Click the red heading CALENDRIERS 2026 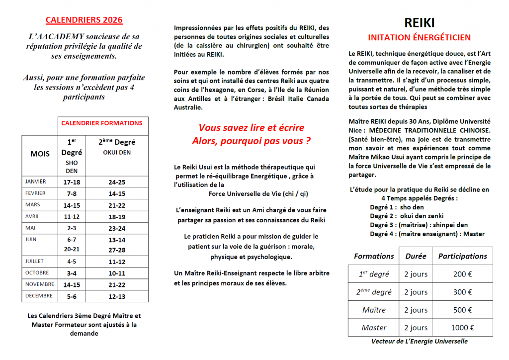84,20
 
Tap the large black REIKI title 419,23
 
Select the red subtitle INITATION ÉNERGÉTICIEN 419,37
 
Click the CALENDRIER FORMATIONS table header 101,123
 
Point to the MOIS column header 40,154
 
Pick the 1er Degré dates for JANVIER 72,182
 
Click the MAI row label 30,228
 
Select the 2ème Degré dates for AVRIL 117,217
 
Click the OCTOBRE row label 37,273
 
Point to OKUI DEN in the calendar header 117,152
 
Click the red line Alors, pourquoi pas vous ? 252,141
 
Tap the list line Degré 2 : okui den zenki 407,216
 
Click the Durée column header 416,256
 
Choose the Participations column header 462,256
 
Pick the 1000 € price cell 462,328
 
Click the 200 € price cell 462,274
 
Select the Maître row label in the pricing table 374,310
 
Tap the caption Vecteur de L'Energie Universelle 419,342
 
